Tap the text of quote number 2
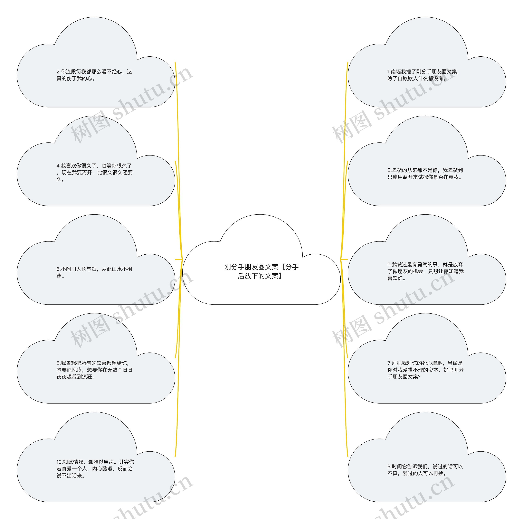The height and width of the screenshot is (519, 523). tap(94, 75)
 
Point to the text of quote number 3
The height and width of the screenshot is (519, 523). tap(425, 173)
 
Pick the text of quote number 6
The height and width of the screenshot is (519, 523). tap(94, 272)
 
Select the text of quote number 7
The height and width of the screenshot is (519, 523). tap(425, 370)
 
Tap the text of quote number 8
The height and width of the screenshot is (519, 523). tap(94, 370)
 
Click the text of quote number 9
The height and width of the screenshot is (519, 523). tap(425, 470)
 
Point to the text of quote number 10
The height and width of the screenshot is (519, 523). tap(95, 469)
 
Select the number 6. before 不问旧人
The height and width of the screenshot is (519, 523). tap(58, 269)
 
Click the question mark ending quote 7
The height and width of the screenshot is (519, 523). tap(419, 377)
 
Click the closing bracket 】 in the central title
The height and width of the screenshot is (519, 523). tap(280, 276)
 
